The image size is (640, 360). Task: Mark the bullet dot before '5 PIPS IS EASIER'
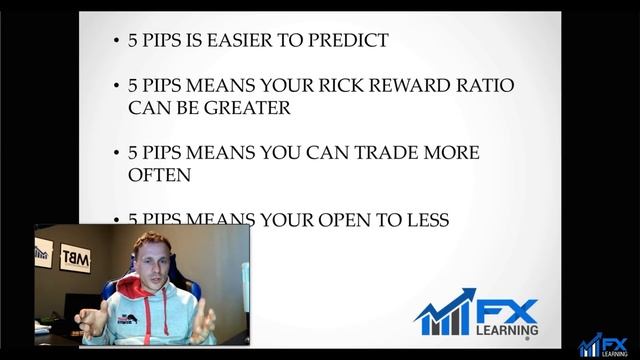117,42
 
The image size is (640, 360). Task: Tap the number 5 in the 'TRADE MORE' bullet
134,153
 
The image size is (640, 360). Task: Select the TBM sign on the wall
75,258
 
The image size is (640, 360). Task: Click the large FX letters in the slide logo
513,311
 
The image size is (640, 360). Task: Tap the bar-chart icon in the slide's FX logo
446,313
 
